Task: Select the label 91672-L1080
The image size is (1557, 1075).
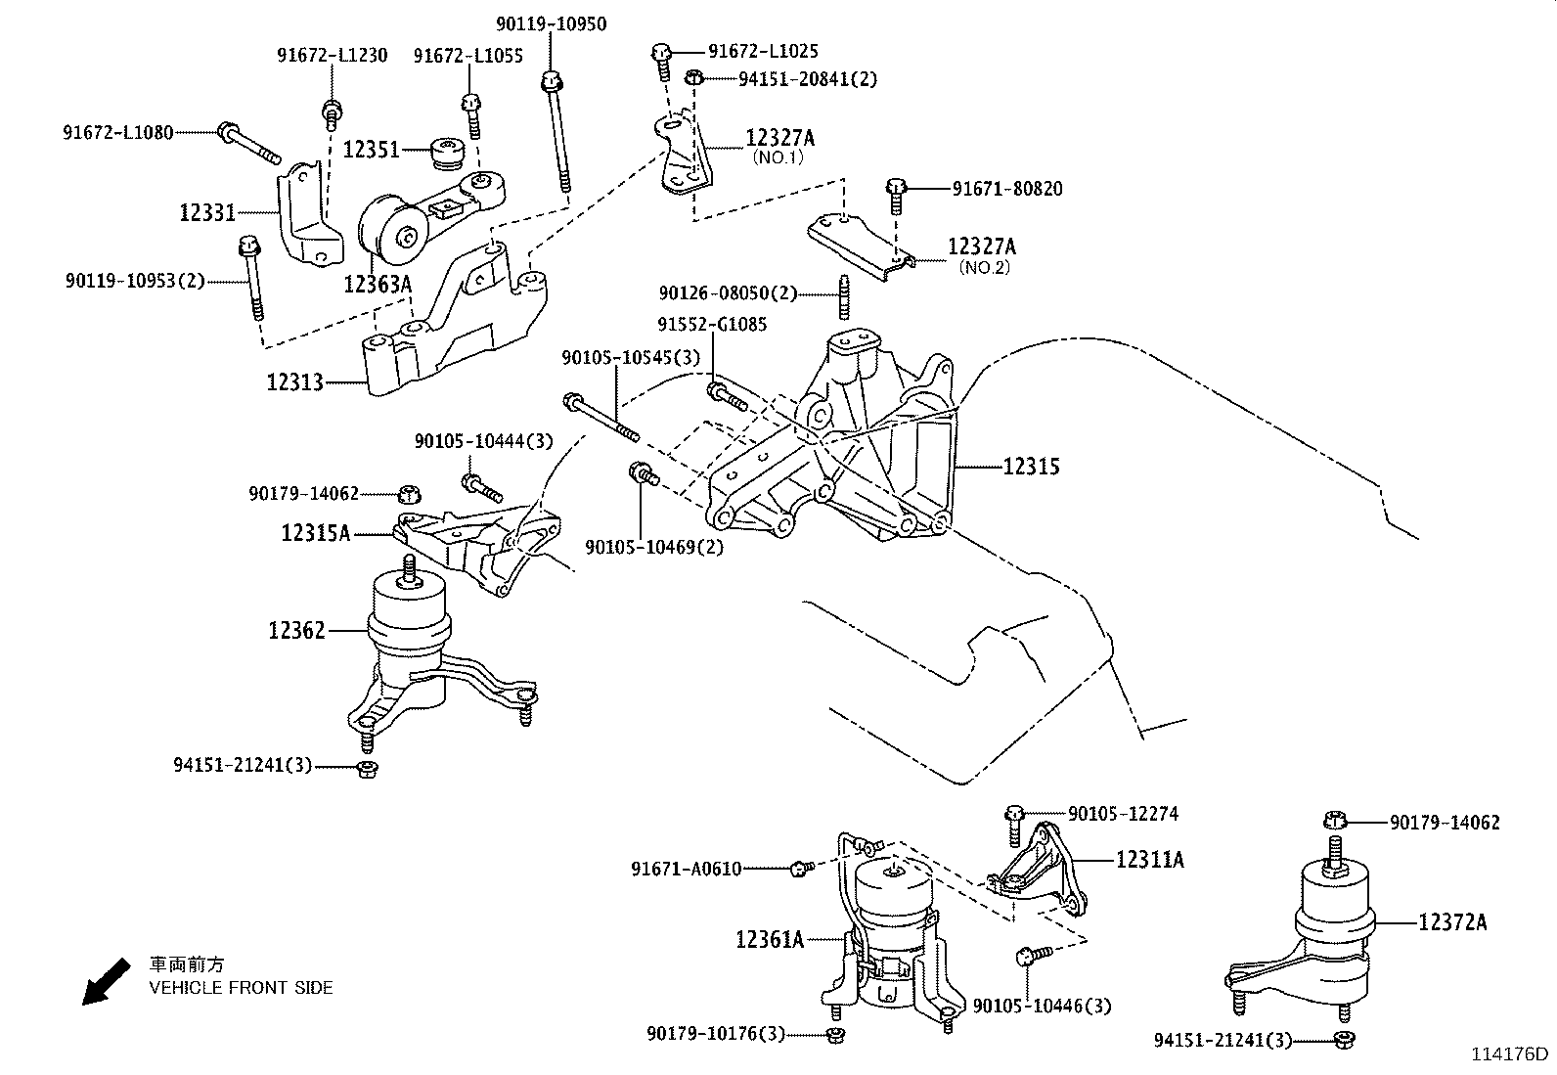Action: coord(117,131)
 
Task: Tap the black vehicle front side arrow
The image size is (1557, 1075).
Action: coord(105,981)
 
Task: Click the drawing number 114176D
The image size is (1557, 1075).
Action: coord(1510,1054)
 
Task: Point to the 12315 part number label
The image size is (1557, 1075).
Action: coord(1031,467)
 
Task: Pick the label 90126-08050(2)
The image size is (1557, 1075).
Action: coord(728,292)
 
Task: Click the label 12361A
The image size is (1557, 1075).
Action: coord(770,940)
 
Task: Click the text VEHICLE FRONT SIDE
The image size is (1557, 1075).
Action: coord(241,988)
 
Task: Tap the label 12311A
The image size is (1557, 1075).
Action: coord(1149,860)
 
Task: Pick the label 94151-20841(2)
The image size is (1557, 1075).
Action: coord(793,79)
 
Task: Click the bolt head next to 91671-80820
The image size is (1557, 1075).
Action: coord(896,187)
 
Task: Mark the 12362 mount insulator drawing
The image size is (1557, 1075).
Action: coord(411,646)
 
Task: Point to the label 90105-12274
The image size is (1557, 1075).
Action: coord(1123,813)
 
